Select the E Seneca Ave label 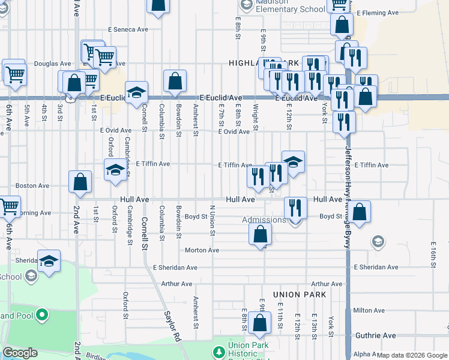(128, 29)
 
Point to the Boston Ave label (32, 186)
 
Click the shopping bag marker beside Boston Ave (80, 182)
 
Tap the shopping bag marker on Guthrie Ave (260, 323)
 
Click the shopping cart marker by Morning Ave (8, 206)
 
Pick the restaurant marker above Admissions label (295, 208)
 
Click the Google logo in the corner (20, 353)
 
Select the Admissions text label (264, 220)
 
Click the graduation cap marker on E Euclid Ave (137, 92)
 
